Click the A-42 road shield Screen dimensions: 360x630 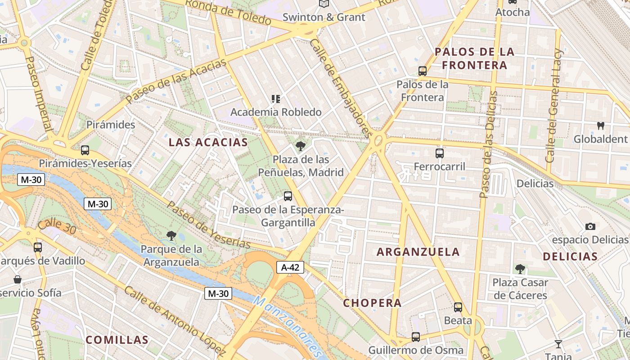coord(290,267)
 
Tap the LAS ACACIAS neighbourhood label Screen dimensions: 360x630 coord(208,143)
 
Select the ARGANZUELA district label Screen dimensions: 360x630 coord(418,252)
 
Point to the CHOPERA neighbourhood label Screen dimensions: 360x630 coord(372,303)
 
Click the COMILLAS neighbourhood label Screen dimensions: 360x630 coord(117,340)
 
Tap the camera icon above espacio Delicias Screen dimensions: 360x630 coord(590,226)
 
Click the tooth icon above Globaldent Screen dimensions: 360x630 coord(600,126)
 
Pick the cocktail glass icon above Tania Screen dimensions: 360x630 coord(558,344)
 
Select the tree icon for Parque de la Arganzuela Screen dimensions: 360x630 coord(171,235)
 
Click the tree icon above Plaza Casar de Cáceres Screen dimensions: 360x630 coord(520,269)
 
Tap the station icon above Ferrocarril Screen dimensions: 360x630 coord(440,153)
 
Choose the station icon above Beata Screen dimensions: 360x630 coord(458,307)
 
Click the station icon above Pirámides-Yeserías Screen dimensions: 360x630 coord(85,150)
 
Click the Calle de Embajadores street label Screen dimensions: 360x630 coord(341,88)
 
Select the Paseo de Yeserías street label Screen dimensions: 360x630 coord(208,225)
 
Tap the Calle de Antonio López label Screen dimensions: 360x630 coord(174,320)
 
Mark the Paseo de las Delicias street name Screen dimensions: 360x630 coord(488,144)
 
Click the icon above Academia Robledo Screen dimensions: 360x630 coord(276,99)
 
